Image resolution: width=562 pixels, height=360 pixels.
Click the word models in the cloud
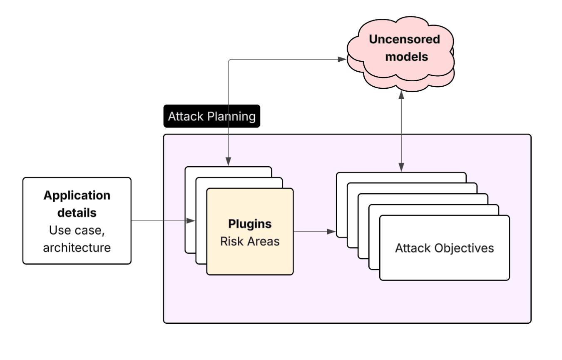pos(406,56)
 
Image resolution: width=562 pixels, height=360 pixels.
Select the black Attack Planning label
pos(211,116)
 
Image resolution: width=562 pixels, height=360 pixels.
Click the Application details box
pos(77,221)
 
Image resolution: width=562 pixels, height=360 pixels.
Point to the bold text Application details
pos(77,204)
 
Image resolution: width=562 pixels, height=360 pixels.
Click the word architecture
pos(77,247)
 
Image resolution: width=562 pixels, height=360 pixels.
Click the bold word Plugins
pos(250,224)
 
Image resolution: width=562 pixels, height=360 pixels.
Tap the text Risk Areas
pos(250,241)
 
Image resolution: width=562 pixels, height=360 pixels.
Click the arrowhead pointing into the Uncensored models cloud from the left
pos(342,59)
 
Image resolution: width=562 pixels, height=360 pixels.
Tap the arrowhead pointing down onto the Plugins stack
pos(229,161)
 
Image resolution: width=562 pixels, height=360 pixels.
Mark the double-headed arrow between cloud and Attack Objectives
pos(401,131)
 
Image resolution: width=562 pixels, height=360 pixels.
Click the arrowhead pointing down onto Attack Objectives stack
pos(401,167)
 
